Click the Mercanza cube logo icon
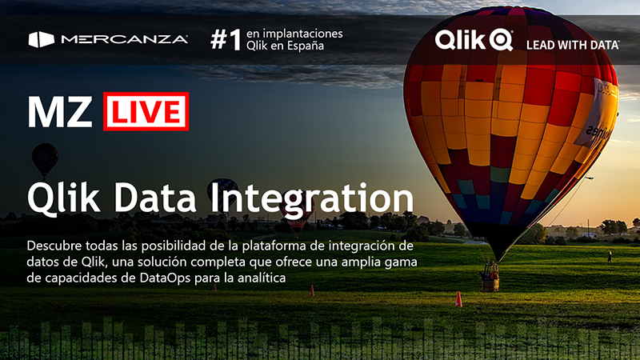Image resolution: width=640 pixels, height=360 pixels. (x=42, y=39)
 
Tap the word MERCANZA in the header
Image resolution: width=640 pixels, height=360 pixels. (x=124, y=39)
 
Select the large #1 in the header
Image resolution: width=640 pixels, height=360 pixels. (x=226, y=39)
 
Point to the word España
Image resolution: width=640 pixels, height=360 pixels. (x=305, y=46)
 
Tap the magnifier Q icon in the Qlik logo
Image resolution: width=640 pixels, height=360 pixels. (x=501, y=40)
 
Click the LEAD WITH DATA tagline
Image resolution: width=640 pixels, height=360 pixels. (x=573, y=45)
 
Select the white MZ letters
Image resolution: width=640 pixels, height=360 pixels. (x=60, y=112)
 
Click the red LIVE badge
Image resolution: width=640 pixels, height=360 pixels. (x=146, y=111)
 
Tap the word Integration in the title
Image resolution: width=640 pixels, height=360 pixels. (x=312, y=198)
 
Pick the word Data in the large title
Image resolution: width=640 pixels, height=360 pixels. (x=155, y=198)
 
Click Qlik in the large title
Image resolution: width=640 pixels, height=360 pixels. (x=63, y=198)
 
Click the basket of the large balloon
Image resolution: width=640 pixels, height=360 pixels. (x=490, y=282)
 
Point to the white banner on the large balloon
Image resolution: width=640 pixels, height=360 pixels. (x=597, y=114)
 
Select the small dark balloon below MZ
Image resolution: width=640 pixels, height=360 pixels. (x=45, y=158)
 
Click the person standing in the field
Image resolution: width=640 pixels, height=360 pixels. (x=610, y=257)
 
